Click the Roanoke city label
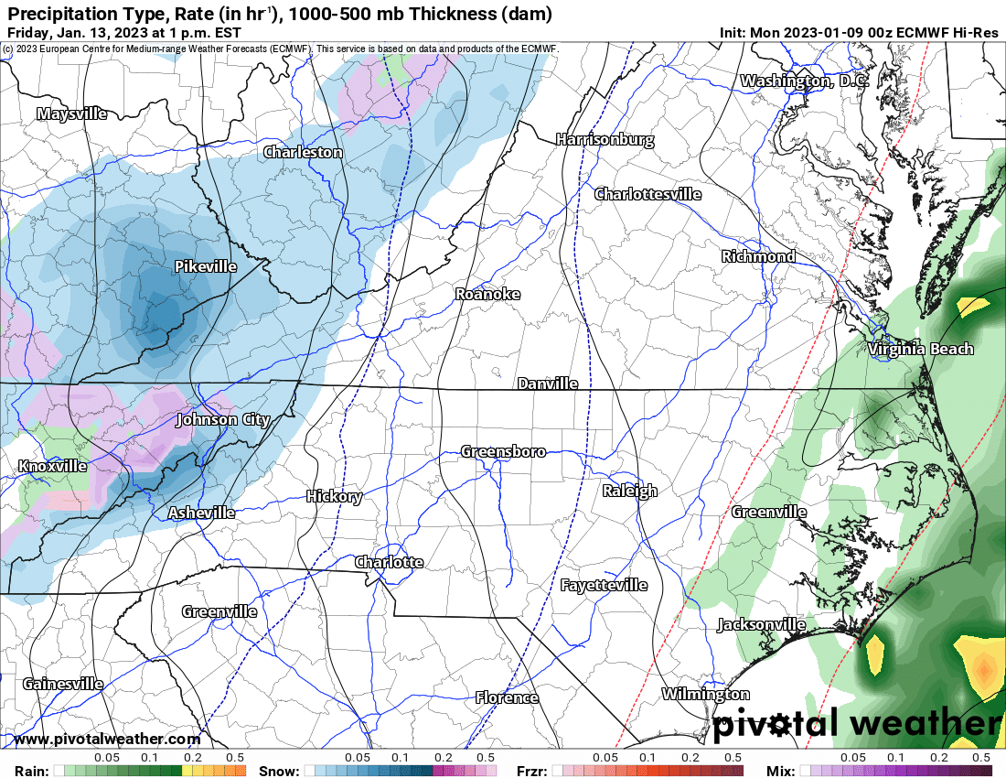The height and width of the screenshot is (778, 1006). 487,294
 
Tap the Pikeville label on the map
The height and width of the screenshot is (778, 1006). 205,266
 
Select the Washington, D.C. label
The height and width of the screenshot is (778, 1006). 804,81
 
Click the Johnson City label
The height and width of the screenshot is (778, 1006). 222,419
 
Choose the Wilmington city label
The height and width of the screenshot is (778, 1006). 705,694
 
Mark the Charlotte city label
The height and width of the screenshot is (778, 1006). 389,561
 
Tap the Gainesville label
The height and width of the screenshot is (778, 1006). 63,683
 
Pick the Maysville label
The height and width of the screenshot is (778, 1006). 71,113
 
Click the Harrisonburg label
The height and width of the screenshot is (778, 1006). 605,140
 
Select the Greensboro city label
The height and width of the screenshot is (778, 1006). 503,451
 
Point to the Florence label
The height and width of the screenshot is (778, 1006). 507,697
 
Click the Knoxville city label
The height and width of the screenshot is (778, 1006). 52,466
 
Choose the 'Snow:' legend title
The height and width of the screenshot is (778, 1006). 279,770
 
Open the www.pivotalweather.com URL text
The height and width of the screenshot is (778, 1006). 107,739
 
